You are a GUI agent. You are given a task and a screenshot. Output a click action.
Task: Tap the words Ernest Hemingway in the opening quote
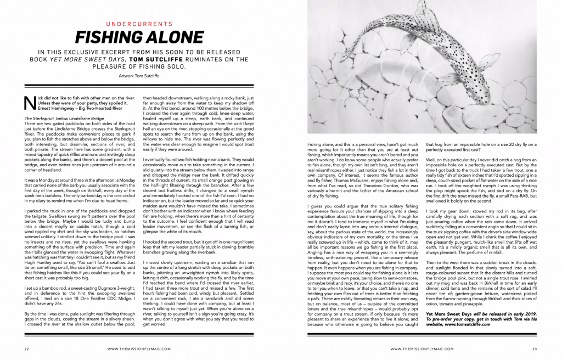pos(44,108)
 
